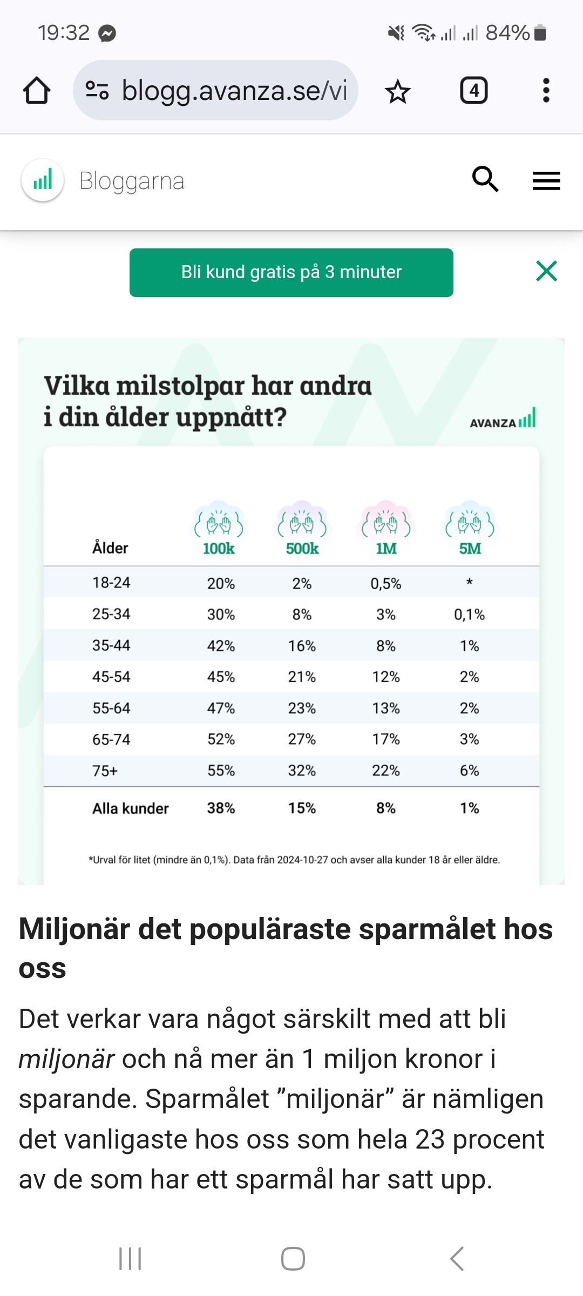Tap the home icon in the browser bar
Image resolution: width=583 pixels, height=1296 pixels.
[x=37, y=90]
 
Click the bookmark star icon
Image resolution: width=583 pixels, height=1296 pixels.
[x=398, y=91]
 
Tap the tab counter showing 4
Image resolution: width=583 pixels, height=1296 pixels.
[x=473, y=90]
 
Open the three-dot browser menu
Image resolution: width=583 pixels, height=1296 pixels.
[x=546, y=90]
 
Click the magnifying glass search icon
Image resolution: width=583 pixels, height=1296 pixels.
[x=485, y=179]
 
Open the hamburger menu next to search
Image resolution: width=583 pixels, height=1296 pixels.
[x=546, y=180]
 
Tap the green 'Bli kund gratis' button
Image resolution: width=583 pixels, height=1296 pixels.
[x=291, y=272]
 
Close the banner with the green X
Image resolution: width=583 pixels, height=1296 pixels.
[x=546, y=271]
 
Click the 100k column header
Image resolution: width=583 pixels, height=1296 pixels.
[x=219, y=548]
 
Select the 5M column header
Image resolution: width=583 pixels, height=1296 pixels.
[x=470, y=548]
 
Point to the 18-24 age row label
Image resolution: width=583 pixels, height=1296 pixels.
[x=111, y=583]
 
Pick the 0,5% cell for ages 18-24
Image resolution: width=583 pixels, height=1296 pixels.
[x=385, y=583]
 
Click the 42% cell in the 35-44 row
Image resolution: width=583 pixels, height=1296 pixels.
[x=221, y=646]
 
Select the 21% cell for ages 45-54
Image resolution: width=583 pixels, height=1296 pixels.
[x=302, y=677]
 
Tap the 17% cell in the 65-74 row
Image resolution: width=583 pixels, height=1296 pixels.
[x=385, y=739]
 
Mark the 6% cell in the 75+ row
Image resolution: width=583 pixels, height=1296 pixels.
[x=469, y=771]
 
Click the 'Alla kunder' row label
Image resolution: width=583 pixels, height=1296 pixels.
[x=130, y=808]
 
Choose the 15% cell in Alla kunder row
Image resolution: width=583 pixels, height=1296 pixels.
[x=302, y=808]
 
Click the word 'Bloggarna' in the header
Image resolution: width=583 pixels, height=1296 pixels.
[x=132, y=181]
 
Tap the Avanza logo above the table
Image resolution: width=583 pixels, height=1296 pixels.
[x=503, y=419]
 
